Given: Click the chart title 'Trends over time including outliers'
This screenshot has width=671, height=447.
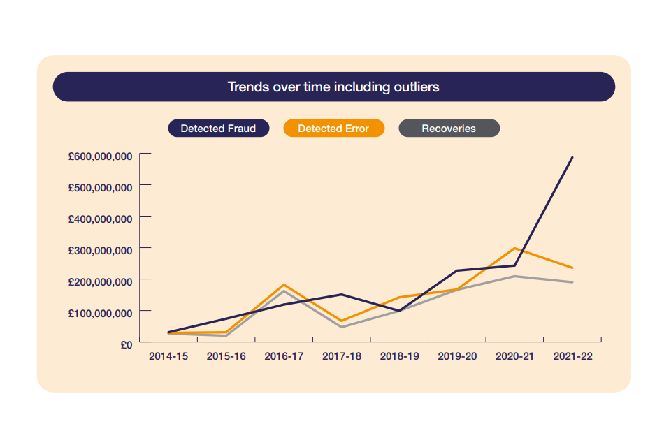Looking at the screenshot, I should point(333,87).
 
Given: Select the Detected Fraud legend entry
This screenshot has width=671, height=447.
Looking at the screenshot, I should point(218,129).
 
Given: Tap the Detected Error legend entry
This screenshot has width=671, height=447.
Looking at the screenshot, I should point(333,129).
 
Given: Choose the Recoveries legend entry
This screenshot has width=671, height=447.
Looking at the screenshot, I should point(449,129).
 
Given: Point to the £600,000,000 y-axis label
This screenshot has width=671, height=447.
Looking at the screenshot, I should point(100,156).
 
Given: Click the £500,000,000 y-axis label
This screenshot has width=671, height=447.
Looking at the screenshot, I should point(100,188).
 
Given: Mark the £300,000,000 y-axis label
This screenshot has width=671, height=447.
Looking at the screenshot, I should point(100,251).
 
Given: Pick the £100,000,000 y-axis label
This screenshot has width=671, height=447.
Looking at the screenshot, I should point(100,313).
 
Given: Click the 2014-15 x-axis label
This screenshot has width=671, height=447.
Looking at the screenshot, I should point(168,356).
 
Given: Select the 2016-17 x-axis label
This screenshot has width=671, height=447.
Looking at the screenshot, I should point(284,356).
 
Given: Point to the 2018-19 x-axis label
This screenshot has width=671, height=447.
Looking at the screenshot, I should point(399,356).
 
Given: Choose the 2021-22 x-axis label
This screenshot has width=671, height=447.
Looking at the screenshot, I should point(572,356).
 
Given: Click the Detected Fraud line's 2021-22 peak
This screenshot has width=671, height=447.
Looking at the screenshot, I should point(572,157).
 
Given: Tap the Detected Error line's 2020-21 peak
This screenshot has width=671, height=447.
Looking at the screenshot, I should point(514,248).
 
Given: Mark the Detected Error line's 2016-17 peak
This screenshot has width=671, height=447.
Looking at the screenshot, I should point(284,285).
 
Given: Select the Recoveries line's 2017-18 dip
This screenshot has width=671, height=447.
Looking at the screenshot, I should point(342,327).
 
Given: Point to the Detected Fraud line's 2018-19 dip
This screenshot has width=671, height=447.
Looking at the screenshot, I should point(399,311).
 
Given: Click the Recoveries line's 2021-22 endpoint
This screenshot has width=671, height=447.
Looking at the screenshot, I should point(572,282).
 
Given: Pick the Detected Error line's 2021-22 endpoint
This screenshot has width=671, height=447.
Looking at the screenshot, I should point(572,268).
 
